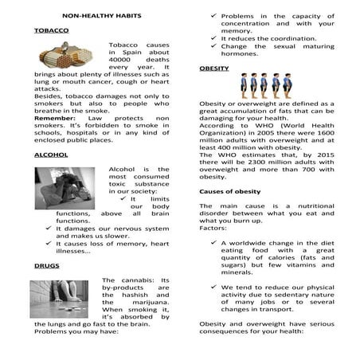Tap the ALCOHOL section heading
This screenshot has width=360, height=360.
point(50,155)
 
